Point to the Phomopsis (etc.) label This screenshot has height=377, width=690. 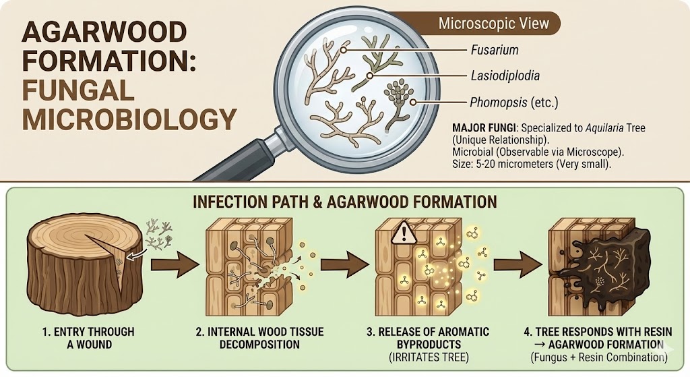[x=513, y=103]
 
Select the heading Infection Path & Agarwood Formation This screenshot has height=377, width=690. [x=344, y=202]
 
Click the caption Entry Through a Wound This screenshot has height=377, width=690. [x=87, y=338]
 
